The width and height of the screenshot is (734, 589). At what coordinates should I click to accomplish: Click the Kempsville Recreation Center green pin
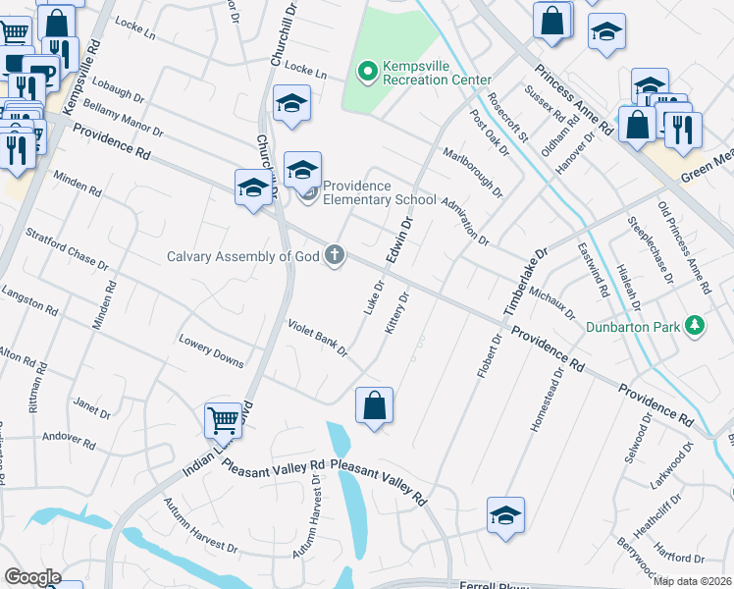[368, 71]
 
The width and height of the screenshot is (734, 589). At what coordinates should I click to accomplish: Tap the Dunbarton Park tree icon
[696, 325]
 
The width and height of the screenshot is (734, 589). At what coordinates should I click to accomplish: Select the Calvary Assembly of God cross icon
[335, 255]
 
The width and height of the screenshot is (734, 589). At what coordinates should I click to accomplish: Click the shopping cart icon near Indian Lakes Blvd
[224, 420]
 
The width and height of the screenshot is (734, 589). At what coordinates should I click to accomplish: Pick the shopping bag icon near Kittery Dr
[374, 404]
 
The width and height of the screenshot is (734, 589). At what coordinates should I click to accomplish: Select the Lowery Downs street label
[211, 352]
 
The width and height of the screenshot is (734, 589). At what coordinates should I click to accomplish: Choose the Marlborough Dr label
[472, 172]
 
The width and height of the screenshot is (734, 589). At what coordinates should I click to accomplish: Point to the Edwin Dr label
[400, 240]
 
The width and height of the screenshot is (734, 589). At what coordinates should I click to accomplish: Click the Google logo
[32, 577]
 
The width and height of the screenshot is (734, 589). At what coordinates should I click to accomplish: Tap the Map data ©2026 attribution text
[692, 581]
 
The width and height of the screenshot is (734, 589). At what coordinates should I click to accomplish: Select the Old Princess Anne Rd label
[683, 248]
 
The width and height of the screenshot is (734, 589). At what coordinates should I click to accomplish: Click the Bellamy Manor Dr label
[124, 116]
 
